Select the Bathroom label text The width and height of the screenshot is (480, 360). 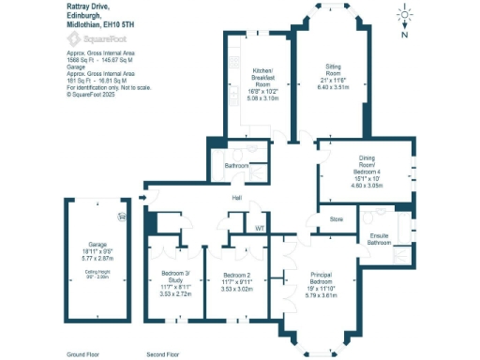[235, 167]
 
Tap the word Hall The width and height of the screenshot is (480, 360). [238, 198]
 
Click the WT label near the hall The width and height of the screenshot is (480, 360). [260, 227]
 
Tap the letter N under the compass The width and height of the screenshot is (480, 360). [403, 35]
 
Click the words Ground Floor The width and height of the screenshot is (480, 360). [83, 354]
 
